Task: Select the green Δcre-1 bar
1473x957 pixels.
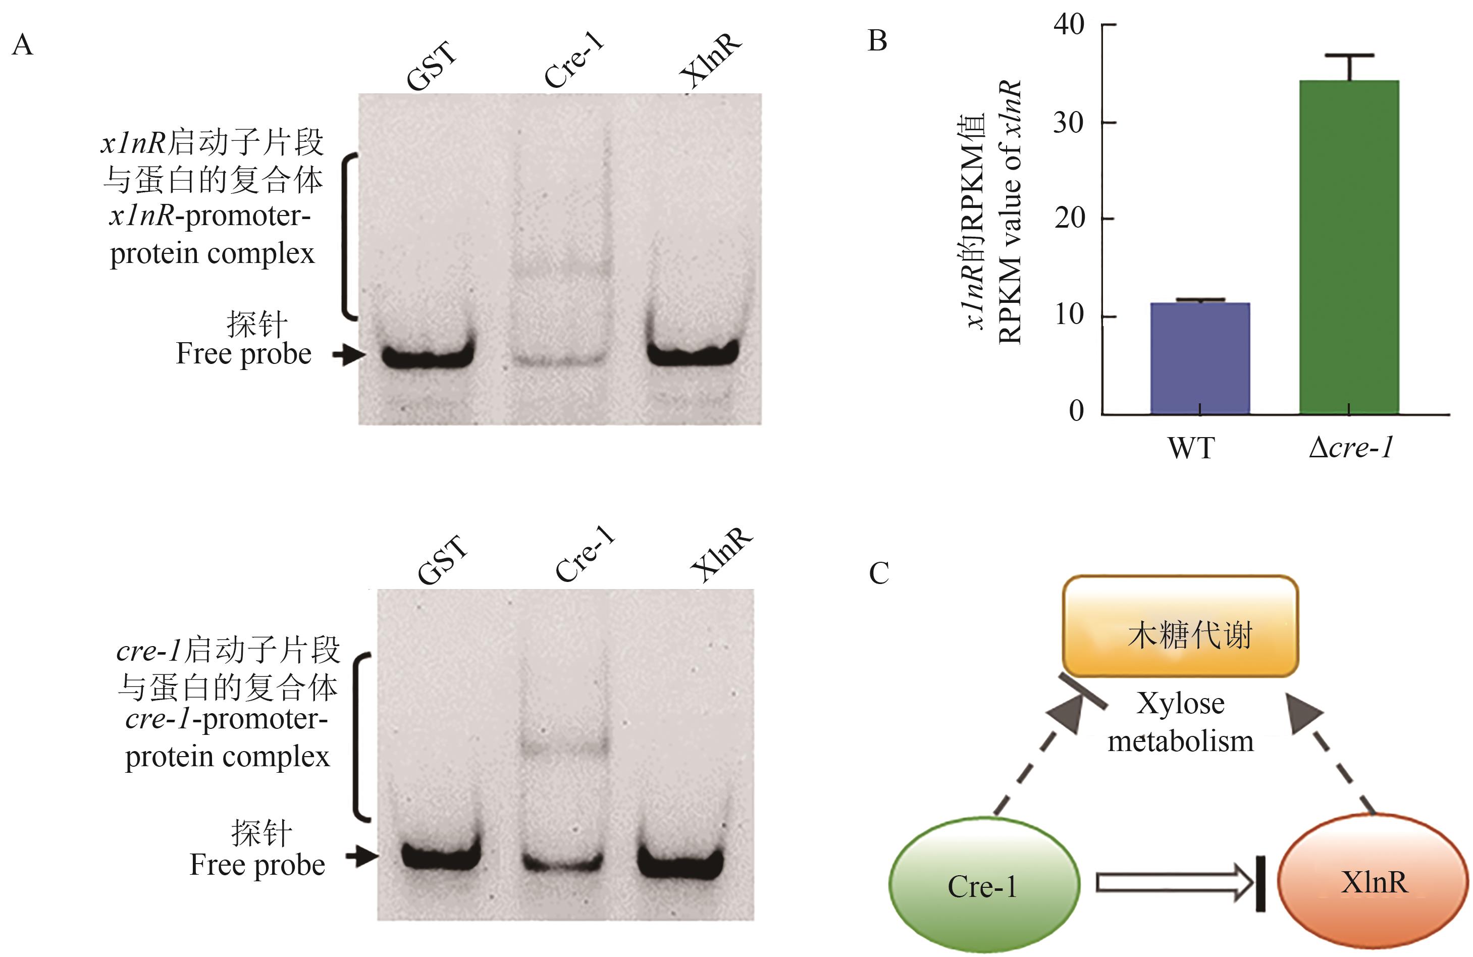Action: [x=1349, y=248]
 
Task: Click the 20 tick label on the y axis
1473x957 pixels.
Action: [x=1069, y=219]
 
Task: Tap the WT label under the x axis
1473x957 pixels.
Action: [x=1191, y=448]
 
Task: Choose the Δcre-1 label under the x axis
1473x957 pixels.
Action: [x=1350, y=448]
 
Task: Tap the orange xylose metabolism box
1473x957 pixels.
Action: [x=1180, y=626]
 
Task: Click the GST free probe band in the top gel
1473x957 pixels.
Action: [x=427, y=356]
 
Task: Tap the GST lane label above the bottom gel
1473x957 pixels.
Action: [x=442, y=560]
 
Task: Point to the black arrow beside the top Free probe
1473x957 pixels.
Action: [x=348, y=355]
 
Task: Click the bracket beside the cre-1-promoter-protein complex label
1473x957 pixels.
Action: [x=359, y=736]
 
